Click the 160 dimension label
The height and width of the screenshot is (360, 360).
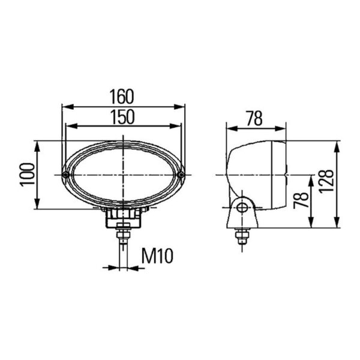(x=121, y=97)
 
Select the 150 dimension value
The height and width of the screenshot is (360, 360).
(x=122, y=117)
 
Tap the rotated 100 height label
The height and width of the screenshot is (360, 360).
(x=28, y=175)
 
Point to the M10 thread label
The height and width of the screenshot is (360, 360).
(x=157, y=256)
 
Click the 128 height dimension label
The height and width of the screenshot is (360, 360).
(x=326, y=182)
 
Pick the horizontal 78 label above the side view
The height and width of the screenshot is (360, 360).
(x=254, y=119)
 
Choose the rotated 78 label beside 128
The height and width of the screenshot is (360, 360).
(x=301, y=200)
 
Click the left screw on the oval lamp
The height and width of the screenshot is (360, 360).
(x=66, y=175)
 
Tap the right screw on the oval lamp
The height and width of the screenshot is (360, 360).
(x=181, y=175)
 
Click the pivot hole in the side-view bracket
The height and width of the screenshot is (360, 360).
(x=242, y=208)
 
